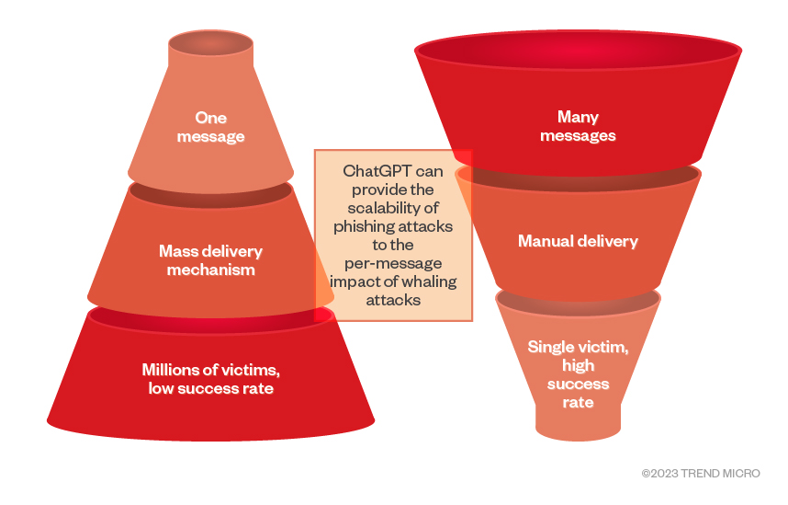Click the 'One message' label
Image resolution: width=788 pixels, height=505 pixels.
click(x=210, y=127)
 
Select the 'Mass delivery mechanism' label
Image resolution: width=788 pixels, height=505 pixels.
click(x=210, y=260)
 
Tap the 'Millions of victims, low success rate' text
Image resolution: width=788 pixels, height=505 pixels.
click(x=210, y=379)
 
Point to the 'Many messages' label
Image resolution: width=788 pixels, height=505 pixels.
click(x=578, y=127)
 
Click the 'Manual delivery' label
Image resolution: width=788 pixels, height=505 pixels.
click(x=578, y=242)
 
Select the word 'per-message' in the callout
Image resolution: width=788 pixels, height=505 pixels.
click(x=393, y=264)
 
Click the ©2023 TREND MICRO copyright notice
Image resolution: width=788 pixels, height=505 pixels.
click(x=701, y=474)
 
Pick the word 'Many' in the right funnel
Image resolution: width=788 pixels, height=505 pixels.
click(x=578, y=118)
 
